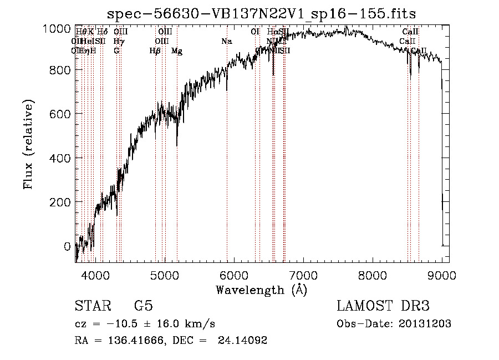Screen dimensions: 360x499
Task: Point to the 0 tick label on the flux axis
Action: click(67, 246)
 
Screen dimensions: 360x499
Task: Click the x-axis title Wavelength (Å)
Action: click(261, 290)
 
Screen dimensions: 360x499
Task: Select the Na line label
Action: click(226, 42)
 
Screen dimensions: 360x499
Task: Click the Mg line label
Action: click(177, 51)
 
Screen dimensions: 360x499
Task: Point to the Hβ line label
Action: click(155, 51)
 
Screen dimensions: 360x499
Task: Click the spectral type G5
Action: click(143, 306)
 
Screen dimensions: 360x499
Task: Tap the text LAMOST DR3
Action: click(383, 306)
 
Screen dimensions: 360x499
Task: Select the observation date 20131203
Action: click(425, 324)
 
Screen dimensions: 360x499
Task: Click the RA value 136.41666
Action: click(130, 341)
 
